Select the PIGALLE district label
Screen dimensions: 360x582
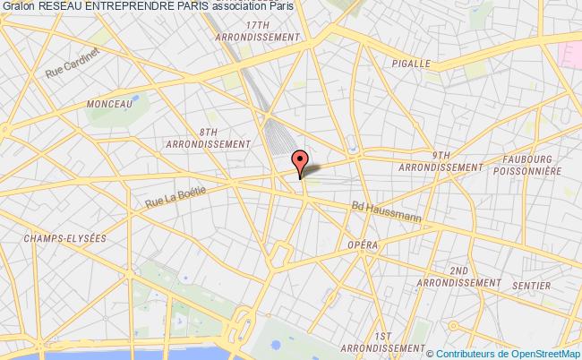(x=412, y=64)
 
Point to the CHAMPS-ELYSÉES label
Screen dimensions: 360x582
(x=67, y=238)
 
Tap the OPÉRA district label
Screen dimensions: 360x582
(x=364, y=245)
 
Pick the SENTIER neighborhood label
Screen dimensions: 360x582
(x=534, y=286)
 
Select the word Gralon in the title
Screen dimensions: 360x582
(x=18, y=6)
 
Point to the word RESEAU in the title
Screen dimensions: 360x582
(x=60, y=6)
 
